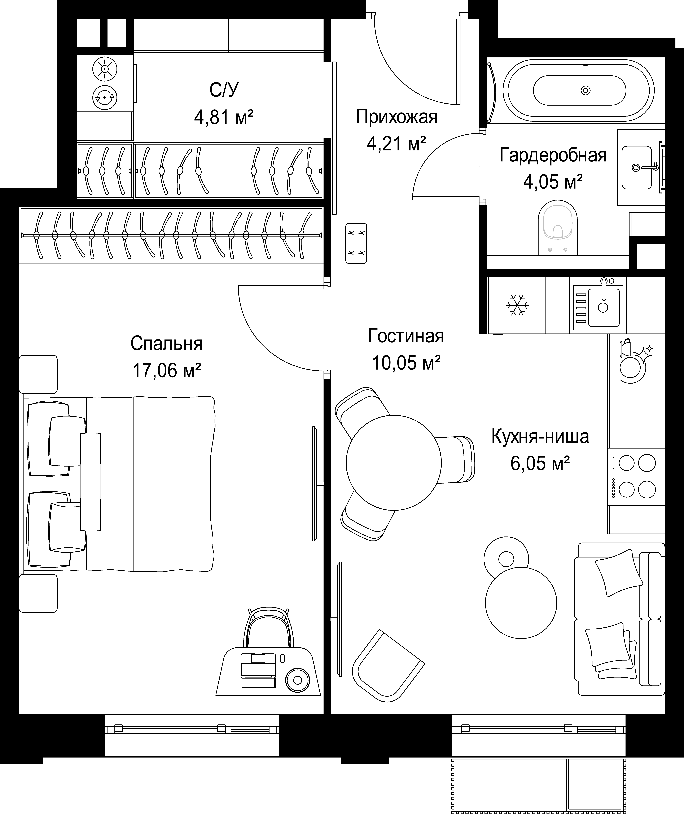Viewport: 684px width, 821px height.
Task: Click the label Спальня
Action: click(167, 344)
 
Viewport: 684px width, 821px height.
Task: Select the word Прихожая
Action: click(397, 117)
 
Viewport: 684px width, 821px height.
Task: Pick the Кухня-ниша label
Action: click(540, 437)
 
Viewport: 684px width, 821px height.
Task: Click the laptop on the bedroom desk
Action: click(258, 671)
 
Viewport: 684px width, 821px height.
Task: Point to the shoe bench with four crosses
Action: click(356, 243)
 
